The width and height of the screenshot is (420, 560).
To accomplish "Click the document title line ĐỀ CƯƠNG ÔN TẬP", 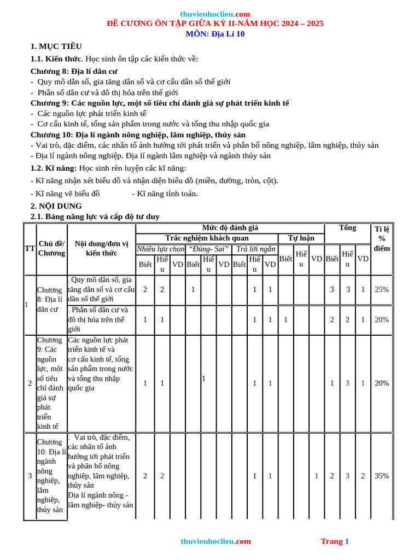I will (215, 24).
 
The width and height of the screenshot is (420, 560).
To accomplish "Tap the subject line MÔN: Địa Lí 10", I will (215, 34).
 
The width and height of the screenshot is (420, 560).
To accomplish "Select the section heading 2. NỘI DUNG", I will (56, 206).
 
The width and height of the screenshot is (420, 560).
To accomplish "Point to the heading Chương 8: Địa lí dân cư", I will (73, 71).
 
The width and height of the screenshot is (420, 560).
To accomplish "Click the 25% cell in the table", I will (382, 289).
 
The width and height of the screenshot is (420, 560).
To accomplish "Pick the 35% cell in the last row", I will (382, 476).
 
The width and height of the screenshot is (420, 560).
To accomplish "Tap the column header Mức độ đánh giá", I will (230, 227).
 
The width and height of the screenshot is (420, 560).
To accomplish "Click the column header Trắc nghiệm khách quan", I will (207, 238).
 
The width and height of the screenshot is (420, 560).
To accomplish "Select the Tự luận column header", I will (301, 238).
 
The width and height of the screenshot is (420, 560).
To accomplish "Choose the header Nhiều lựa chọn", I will (161, 249).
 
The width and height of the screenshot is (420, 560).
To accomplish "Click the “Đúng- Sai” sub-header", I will (208, 249).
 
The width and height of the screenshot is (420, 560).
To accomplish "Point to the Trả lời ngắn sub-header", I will (255, 249).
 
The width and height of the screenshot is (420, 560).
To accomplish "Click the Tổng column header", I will (347, 228).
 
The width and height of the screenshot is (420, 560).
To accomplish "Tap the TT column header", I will (30, 248).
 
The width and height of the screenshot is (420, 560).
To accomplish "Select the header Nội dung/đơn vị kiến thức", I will (101, 248).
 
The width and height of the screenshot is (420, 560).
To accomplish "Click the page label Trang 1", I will (335, 541).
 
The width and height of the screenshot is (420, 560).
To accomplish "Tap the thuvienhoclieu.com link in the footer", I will (215, 541).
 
